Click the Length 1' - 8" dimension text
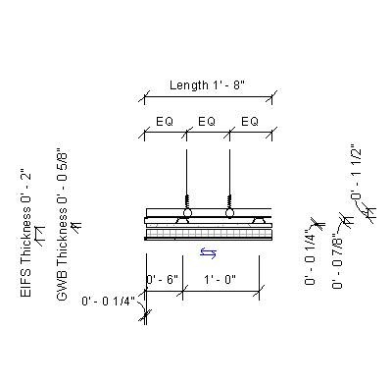(x=206, y=85)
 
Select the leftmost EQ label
(x=166, y=121)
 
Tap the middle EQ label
(x=207, y=121)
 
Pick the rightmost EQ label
(x=249, y=121)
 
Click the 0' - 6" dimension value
(x=162, y=280)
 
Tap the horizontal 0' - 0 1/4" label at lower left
(x=109, y=301)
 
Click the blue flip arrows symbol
(x=208, y=252)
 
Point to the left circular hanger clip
(x=186, y=212)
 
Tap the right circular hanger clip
(x=229, y=212)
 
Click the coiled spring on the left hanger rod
(x=186, y=199)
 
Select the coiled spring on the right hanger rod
(x=229, y=199)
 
